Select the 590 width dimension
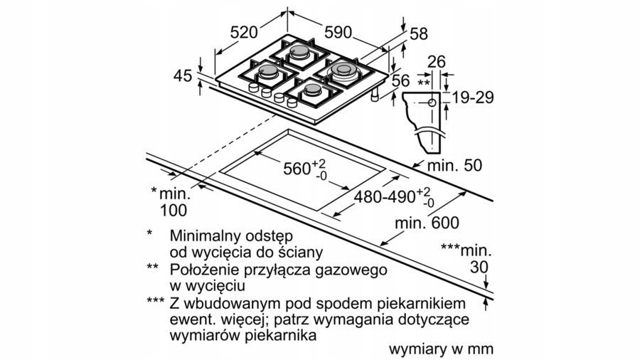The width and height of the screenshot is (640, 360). point(338,31)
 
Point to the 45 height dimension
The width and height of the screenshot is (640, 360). point(183,75)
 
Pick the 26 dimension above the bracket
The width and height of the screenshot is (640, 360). point(437,62)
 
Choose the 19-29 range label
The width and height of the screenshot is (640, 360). point(472,97)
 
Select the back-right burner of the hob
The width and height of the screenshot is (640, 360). point(343,70)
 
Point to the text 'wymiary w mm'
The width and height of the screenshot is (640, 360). point(441,349)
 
